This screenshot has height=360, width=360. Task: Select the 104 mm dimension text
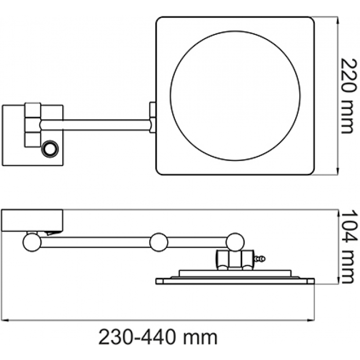point(349,247)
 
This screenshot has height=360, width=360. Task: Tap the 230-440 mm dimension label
point(158,337)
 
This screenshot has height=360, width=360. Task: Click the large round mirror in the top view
point(235,96)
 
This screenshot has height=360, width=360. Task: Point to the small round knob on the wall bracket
point(50,149)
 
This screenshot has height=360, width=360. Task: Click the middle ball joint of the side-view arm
point(158,242)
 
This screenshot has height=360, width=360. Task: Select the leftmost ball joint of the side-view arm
point(32,242)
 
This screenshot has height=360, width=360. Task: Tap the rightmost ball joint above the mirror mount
point(235,242)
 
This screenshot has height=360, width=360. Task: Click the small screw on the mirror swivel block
point(260,259)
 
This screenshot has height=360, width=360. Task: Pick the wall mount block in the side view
point(32,220)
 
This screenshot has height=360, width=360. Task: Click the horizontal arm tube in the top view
point(96,125)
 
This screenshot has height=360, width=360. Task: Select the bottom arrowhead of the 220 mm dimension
point(337,171)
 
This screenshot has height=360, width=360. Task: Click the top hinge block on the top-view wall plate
point(32,110)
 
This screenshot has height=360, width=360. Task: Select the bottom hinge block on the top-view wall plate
point(32,139)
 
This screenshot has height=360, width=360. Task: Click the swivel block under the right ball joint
point(235,259)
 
